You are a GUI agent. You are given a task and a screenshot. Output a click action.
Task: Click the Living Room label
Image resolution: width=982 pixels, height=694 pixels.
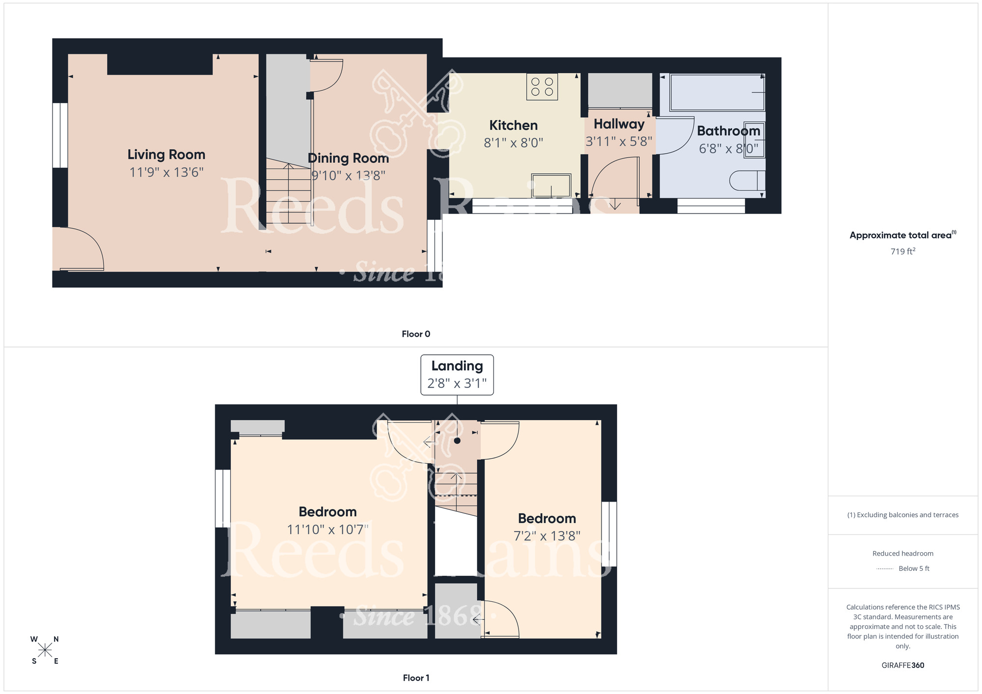[x=166, y=155]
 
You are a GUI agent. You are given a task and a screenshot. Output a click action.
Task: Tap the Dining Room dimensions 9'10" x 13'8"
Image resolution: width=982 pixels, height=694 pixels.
[x=348, y=175]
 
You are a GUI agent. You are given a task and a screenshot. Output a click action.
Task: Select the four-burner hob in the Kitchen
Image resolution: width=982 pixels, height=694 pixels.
[x=542, y=87]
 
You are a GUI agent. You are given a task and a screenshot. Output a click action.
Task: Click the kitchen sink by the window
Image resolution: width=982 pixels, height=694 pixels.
[x=551, y=186]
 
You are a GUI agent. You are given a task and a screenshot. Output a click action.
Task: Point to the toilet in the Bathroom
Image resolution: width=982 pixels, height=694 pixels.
[x=746, y=180]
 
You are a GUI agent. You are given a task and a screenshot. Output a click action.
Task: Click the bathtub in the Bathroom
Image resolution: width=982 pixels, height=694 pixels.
[x=716, y=92]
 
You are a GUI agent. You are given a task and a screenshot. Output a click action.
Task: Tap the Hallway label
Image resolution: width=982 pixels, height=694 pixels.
[x=619, y=124]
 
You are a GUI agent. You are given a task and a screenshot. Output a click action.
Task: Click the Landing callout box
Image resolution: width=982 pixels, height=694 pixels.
[x=457, y=374]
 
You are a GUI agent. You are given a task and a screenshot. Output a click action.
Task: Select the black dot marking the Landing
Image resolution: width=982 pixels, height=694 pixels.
[x=457, y=441]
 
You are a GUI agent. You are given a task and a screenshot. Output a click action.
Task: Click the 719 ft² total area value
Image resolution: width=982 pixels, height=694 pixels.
[x=902, y=251]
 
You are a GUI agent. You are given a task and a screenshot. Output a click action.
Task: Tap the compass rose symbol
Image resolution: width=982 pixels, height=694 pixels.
[x=45, y=650]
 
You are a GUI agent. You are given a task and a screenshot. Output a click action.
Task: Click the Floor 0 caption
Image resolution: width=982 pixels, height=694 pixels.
[x=415, y=334]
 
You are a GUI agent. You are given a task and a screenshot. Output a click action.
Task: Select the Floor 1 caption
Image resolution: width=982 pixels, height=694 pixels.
[x=415, y=678]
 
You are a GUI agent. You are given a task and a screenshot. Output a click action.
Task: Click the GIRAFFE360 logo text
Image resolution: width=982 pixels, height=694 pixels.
[x=902, y=666]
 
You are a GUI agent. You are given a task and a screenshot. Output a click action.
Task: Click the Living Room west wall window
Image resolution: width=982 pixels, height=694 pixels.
[x=60, y=135]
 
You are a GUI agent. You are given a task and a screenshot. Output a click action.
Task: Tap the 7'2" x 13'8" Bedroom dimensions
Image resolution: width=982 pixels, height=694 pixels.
[x=546, y=536]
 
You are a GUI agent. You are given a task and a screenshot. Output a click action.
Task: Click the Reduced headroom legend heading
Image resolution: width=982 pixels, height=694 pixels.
[x=902, y=554]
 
